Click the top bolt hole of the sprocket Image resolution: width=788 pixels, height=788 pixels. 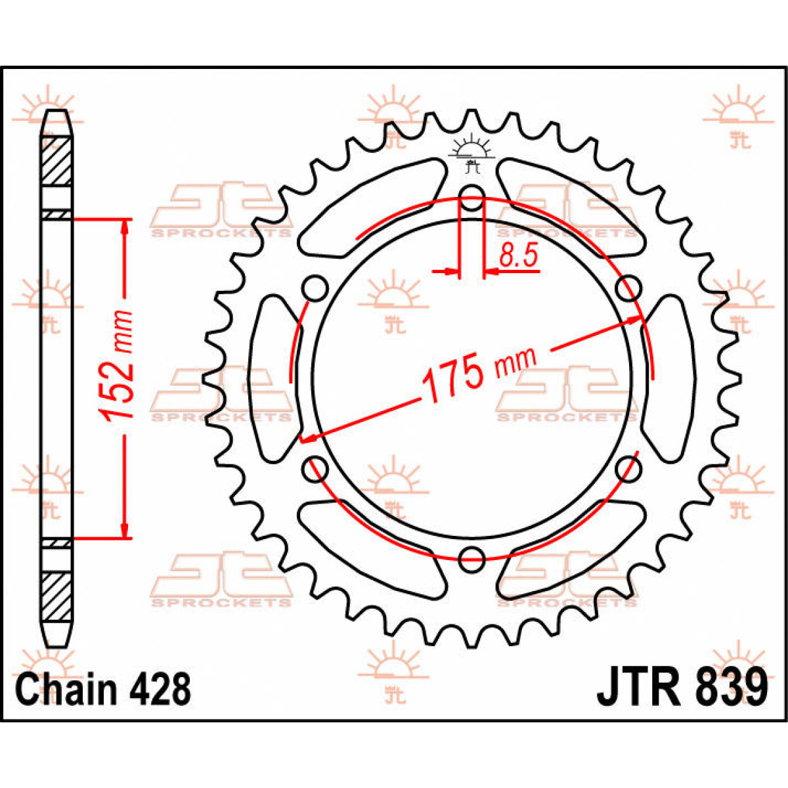tap(471, 196)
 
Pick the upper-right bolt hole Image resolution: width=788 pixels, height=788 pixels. tap(628, 287)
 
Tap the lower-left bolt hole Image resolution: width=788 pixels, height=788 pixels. tap(316, 469)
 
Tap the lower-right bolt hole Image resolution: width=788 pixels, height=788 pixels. tap(628, 469)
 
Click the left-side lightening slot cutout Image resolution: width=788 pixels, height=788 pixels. tap(271, 378)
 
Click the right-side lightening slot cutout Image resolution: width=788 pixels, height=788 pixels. tap(671, 378)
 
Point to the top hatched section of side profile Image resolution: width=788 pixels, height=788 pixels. tap(56, 162)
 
